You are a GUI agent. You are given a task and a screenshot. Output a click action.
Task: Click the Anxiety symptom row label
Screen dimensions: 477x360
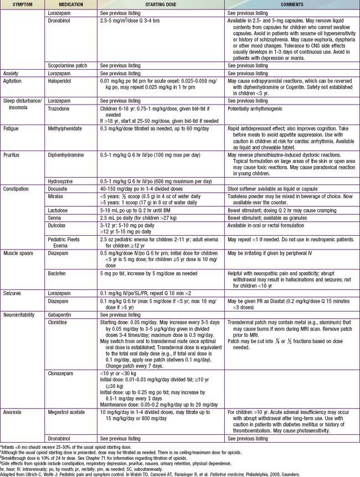point(13,73)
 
